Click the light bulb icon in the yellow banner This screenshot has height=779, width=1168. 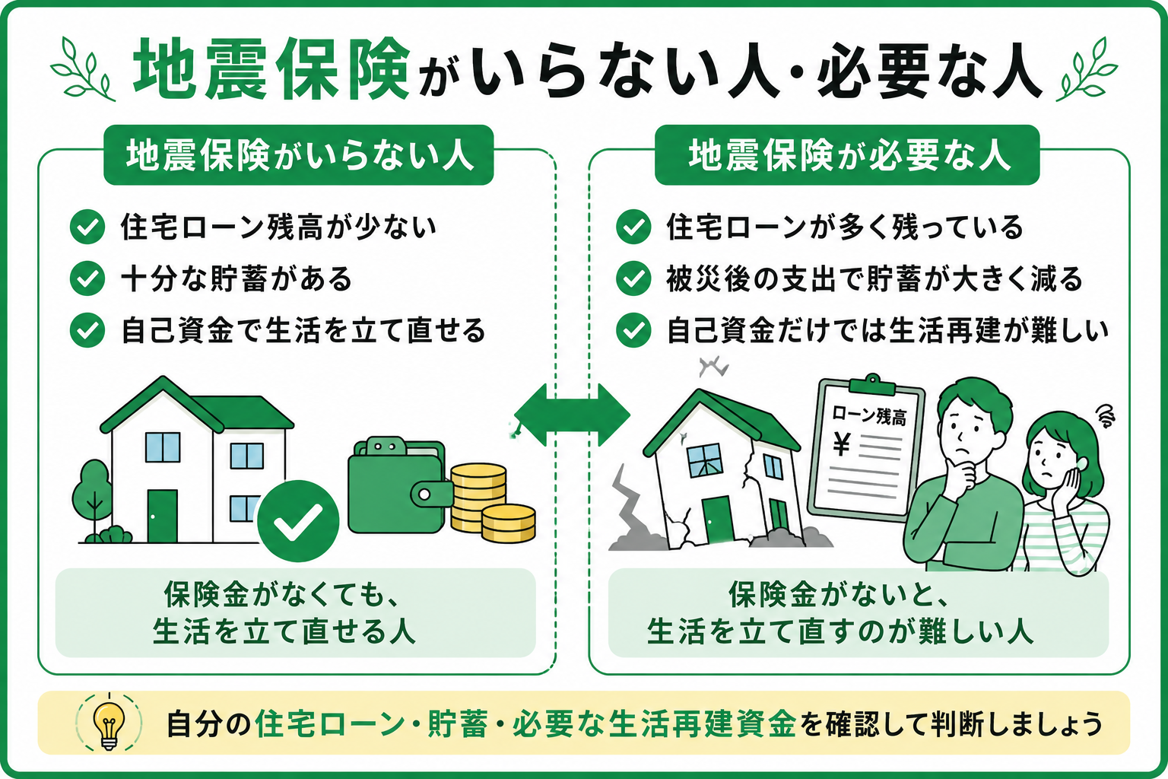point(109,723)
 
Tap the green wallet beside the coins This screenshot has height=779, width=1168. point(399,485)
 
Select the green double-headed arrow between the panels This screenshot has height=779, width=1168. point(572,415)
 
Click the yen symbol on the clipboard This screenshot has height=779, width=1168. point(841,444)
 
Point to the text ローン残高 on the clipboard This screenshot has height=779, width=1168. point(868,416)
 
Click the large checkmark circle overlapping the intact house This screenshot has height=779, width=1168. point(298,520)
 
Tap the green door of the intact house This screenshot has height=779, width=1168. point(162,516)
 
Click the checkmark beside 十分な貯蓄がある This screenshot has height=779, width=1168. point(87,278)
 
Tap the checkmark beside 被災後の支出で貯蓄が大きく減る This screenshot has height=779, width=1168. point(633,278)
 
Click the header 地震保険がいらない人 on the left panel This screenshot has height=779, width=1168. point(299,155)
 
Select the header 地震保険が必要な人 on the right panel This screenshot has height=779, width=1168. point(847,155)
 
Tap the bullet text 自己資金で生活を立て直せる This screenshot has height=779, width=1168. point(303,331)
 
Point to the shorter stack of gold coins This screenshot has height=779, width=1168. point(508,523)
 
